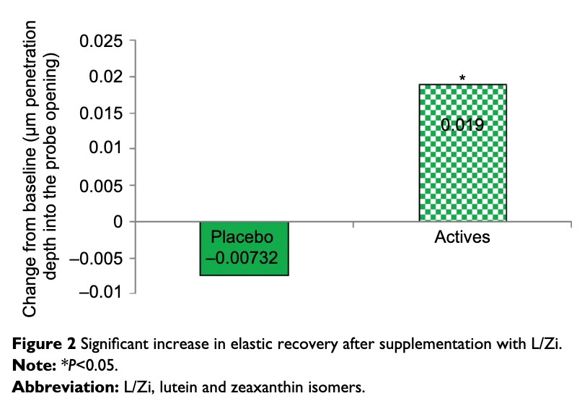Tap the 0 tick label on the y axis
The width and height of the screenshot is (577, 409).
click(x=117, y=222)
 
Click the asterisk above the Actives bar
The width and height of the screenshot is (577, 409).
click(x=462, y=78)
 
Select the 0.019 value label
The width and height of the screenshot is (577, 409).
click(x=462, y=125)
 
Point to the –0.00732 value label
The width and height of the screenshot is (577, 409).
click(x=244, y=257)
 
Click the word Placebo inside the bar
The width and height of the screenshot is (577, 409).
click(x=244, y=238)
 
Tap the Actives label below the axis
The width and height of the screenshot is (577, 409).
click(x=462, y=237)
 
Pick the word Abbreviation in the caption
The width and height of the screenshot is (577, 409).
click(x=61, y=387)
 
